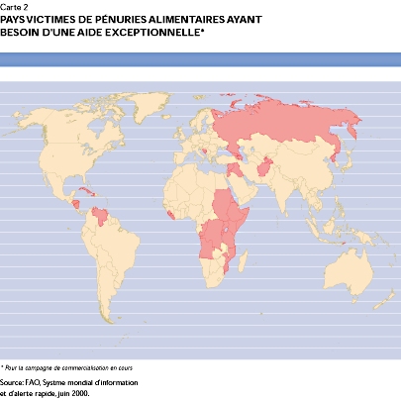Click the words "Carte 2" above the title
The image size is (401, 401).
click(x=15, y=6)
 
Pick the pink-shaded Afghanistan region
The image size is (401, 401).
click(x=264, y=171)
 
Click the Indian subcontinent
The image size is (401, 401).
click(x=282, y=193)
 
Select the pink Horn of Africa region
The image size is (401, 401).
click(x=239, y=211)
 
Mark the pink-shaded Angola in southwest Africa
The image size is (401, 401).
click(x=210, y=244)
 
